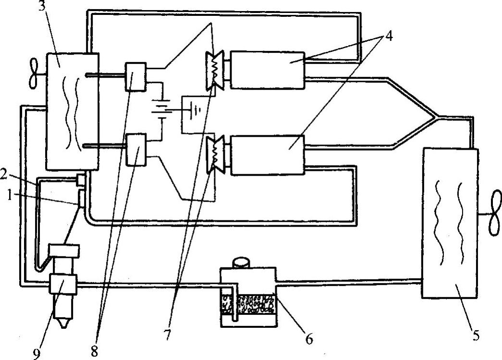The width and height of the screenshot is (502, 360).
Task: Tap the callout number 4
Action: [x=389, y=36]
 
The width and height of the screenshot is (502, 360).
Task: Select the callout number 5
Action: [x=476, y=335]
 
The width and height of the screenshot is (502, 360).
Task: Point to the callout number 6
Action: [x=309, y=339]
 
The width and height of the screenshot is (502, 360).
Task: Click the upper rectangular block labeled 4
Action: [x=267, y=70]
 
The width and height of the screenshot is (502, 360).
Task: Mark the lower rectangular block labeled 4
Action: [x=268, y=155]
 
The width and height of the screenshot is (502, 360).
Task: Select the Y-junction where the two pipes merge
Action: [x=436, y=117]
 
